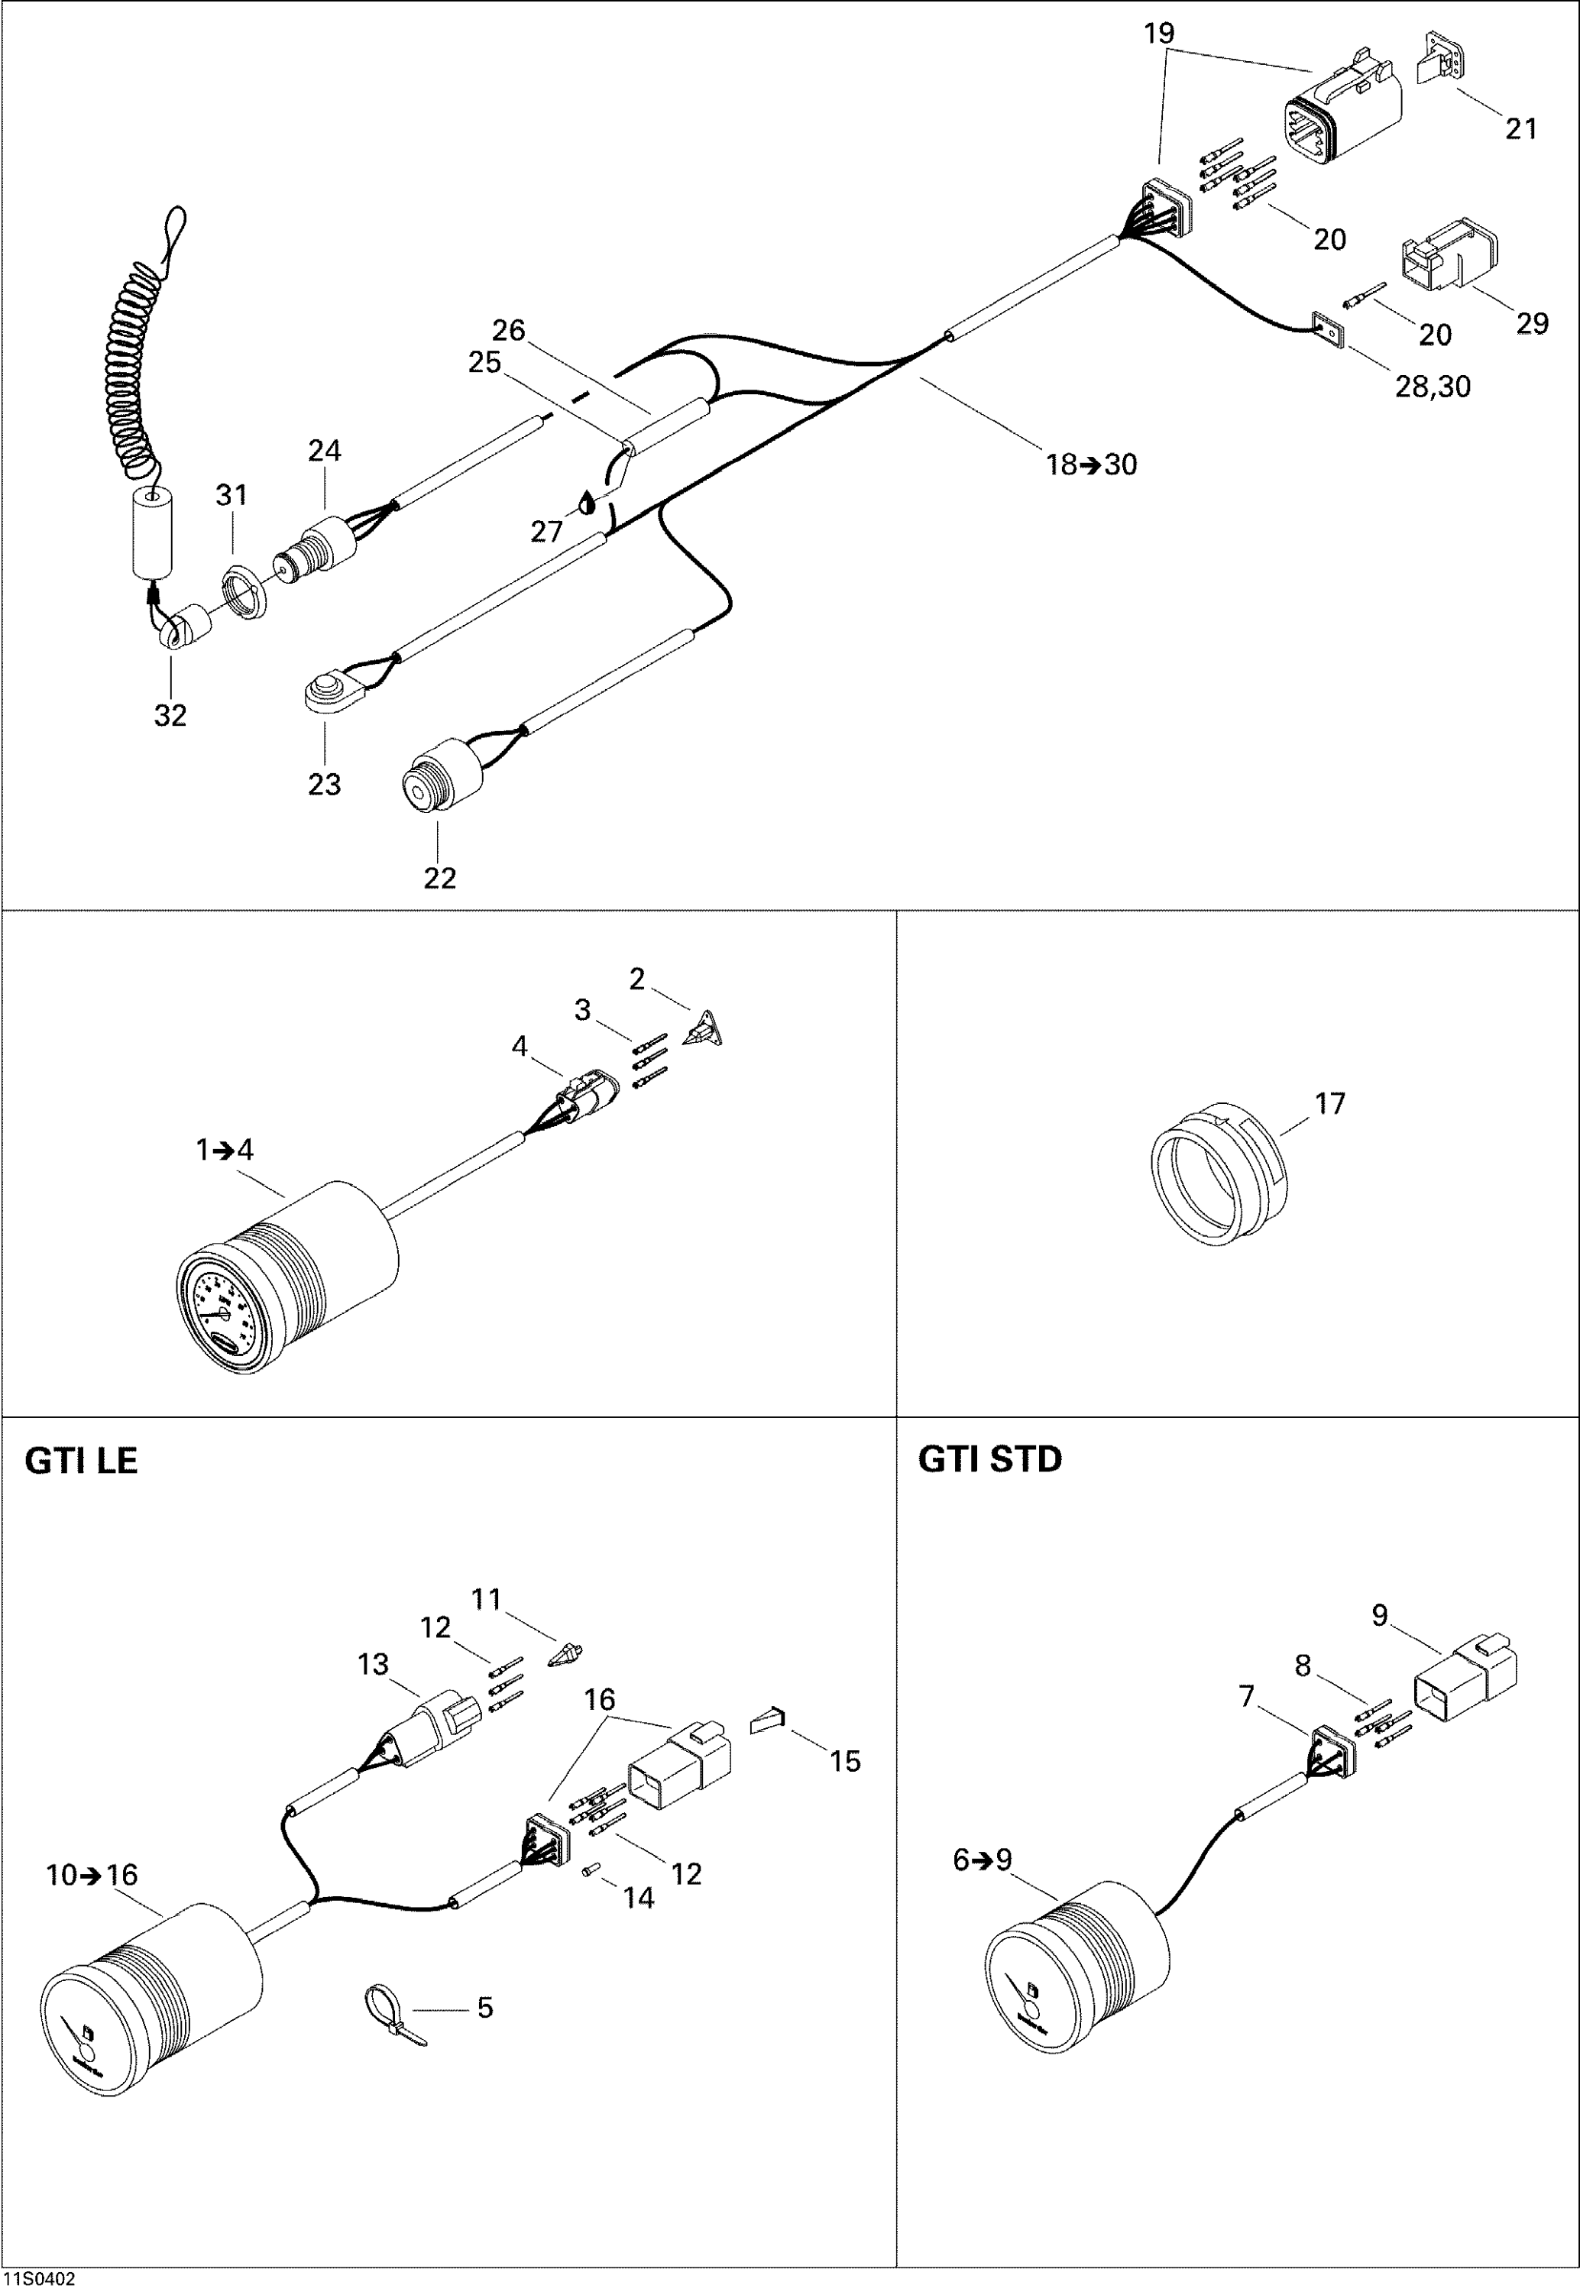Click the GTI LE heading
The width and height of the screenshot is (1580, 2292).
80,1462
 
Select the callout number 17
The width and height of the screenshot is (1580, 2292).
1329,1102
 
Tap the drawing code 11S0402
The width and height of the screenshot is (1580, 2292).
39,2280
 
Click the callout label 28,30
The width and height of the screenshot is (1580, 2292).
1433,387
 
